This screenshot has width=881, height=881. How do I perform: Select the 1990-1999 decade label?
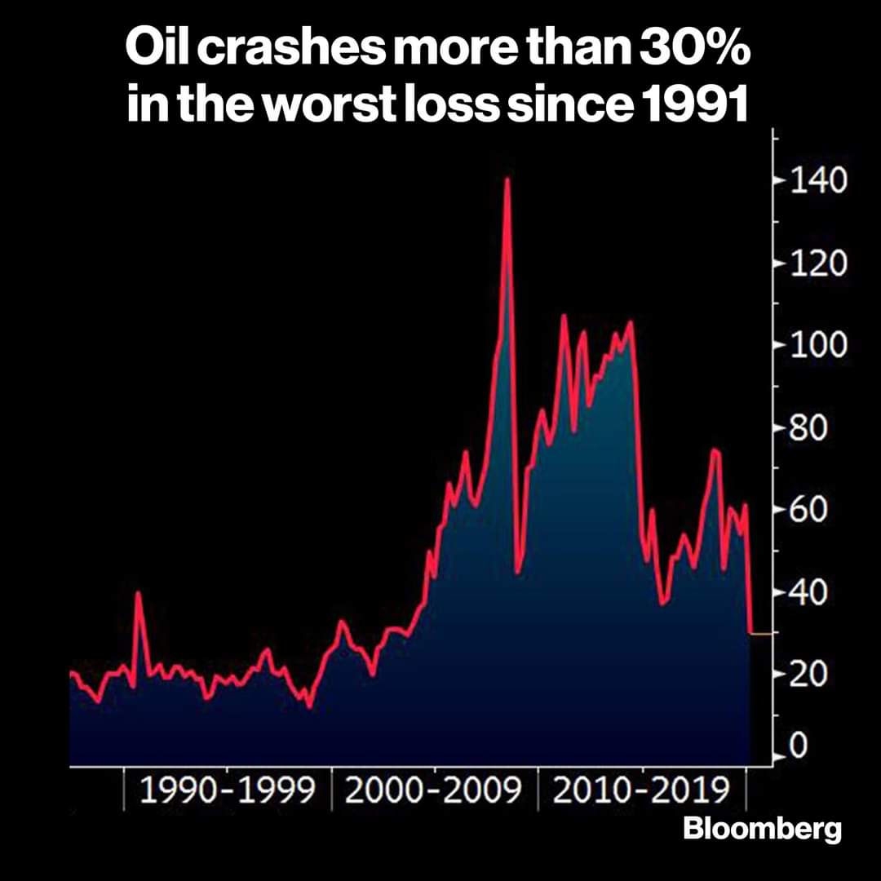(x=228, y=791)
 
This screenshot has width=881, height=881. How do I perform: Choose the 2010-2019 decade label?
(x=642, y=791)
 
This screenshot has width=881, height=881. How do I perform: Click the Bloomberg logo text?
(x=762, y=830)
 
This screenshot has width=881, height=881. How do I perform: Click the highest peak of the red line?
(x=507, y=179)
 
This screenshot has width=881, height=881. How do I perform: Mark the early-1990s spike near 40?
(x=139, y=593)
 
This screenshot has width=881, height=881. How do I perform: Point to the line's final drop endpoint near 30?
(x=750, y=632)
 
